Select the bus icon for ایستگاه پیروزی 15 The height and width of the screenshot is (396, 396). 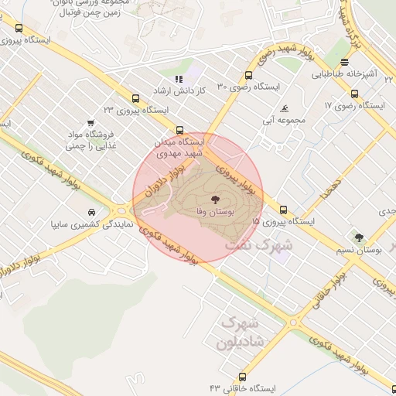coord(283,209)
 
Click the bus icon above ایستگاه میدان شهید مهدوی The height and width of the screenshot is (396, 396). coord(180,130)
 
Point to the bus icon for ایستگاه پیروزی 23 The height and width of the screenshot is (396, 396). coord(136,98)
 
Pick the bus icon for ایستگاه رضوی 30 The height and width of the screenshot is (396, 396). coord(248,75)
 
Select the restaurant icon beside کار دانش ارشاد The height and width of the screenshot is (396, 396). coord(179,79)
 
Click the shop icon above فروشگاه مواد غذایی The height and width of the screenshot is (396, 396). coord(91,123)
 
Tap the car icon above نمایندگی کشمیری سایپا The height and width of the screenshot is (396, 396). coord(91,212)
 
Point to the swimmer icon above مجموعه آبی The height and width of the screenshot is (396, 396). coord(286,108)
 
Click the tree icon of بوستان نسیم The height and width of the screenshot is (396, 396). coord(358,237)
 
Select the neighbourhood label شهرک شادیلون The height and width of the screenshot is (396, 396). coord(241,330)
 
